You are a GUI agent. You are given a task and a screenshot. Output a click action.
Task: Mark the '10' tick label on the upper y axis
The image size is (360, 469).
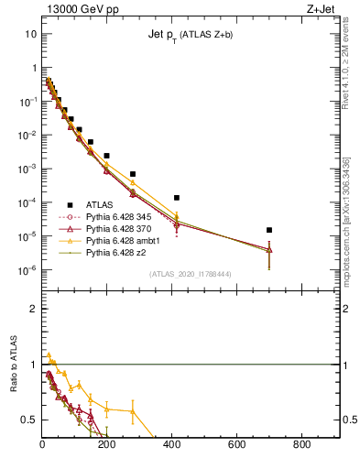[30, 34]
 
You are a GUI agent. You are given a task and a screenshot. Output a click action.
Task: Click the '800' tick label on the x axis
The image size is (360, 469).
[302, 445]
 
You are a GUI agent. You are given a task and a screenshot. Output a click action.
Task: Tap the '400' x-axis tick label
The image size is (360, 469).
[172, 445]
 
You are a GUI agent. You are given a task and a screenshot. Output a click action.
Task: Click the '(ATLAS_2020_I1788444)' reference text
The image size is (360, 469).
[190, 274]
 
